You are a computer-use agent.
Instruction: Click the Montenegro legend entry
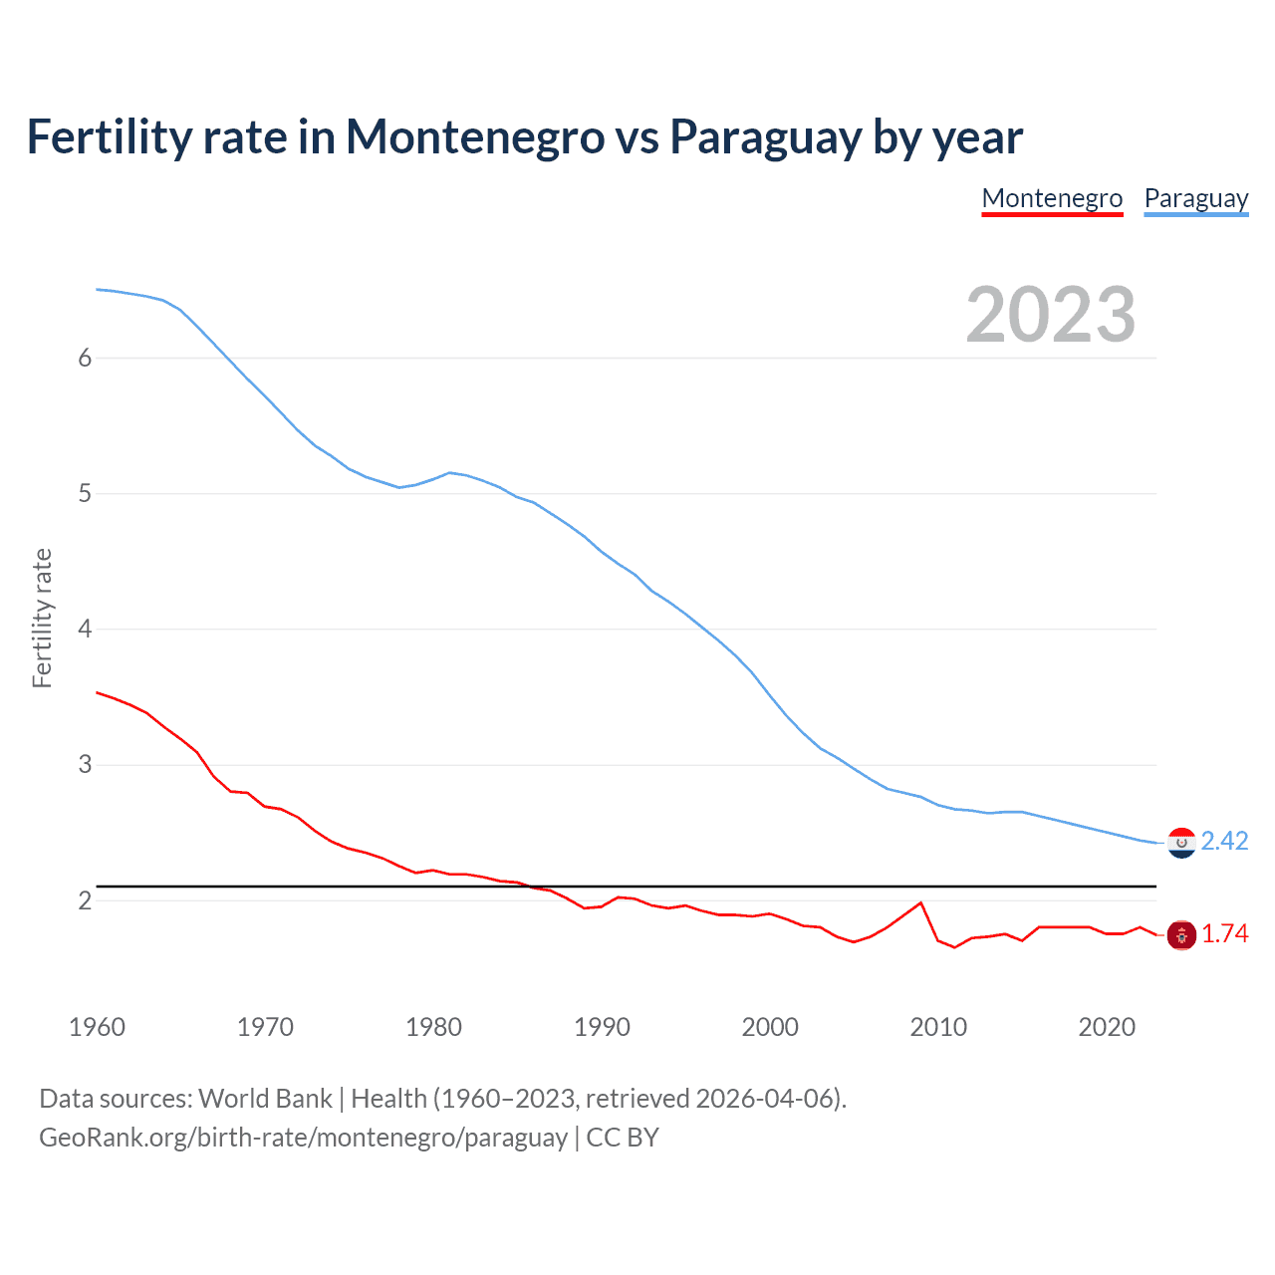(1052, 198)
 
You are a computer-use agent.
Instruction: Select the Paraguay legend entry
(1195, 198)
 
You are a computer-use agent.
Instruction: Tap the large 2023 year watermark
(1050, 315)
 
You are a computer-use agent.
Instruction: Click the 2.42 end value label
(1224, 841)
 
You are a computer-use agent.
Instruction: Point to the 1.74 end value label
(1224, 933)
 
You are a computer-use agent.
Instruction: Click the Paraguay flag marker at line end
(1181, 843)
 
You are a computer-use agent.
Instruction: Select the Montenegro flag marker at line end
(1181, 934)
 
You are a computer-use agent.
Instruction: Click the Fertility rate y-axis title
(42, 618)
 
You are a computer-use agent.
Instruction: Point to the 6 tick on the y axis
(85, 358)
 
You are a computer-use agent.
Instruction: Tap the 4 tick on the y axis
(85, 629)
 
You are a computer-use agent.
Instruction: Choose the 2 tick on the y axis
(85, 900)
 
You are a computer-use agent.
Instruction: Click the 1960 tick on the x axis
(97, 1027)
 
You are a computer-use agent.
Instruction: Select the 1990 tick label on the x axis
(602, 1027)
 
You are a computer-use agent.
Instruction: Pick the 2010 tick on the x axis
(938, 1027)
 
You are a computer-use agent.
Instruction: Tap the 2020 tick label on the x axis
(1107, 1027)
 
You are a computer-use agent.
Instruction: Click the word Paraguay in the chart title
(765, 137)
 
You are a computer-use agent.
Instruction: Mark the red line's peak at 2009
(920, 902)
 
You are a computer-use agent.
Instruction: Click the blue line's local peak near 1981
(450, 472)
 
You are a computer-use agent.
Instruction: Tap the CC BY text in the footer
(623, 1138)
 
